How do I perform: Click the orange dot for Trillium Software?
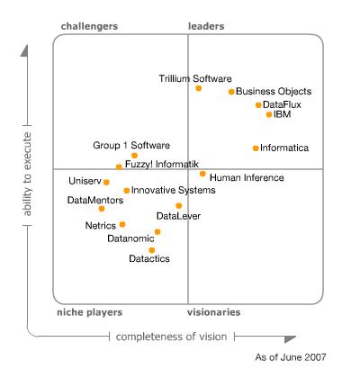coord(198,88)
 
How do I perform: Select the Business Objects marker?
coord(231,92)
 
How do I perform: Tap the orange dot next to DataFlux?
coord(258,105)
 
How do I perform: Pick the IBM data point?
coord(269,114)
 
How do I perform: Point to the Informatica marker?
coord(256,148)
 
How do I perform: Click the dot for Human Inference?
coord(202,174)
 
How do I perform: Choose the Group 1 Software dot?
coord(134,156)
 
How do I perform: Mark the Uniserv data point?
coord(106,182)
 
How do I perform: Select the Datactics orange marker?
coord(152,250)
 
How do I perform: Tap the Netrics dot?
coord(122,224)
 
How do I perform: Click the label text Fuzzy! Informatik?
coord(162,164)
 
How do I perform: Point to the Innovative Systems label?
coord(174,190)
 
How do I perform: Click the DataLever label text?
coord(178,216)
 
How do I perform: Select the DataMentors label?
coord(95,200)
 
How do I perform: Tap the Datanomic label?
coord(130,238)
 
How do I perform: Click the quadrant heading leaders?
coord(206,26)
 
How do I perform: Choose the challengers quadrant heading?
coord(89,26)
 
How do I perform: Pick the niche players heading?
coord(90,312)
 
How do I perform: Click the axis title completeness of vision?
coord(171,337)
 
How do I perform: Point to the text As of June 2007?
coord(291,357)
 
